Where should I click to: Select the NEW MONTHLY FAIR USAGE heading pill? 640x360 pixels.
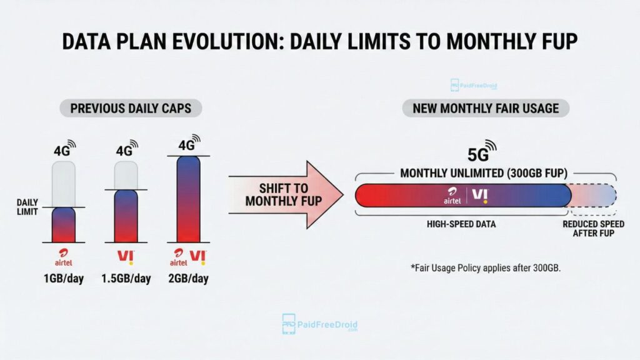[486, 108]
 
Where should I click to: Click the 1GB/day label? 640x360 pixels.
[63, 278]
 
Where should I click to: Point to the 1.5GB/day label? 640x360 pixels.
[126, 278]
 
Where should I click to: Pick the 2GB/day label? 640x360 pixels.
[188, 278]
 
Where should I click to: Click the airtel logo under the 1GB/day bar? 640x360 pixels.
[63, 257]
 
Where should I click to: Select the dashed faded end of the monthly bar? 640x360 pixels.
[594, 195]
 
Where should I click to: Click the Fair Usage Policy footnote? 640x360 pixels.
[485, 267]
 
